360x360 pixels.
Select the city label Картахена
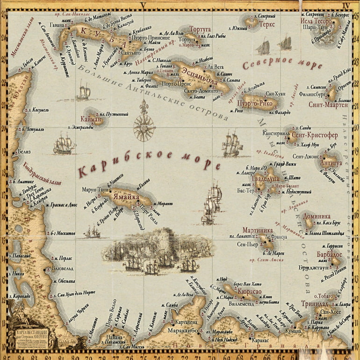186,323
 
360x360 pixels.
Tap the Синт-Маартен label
328,105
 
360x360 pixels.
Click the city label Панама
114,337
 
